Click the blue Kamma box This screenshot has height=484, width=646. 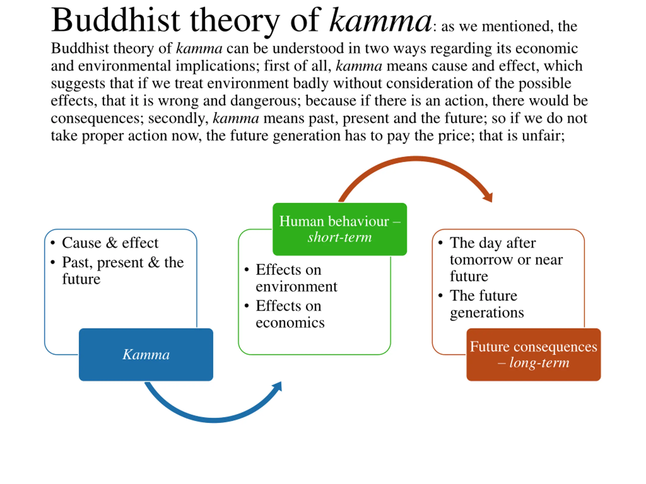pyautogui.click(x=146, y=354)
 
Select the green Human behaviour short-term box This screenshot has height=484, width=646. pyautogui.click(x=339, y=229)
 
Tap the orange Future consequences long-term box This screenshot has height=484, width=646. pyautogui.click(x=533, y=354)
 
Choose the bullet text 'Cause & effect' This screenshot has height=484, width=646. pyautogui.click(x=110, y=243)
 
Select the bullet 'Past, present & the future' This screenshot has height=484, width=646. pyautogui.click(x=123, y=270)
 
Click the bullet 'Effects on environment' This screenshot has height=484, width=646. pyautogui.click(x=296, y=278)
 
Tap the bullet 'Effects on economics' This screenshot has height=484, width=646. pyautogui.click(x=290, y=314)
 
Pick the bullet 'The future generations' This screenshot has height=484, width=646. pyautogui.click(x=487, y=304)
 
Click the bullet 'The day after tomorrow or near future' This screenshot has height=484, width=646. pyautogui.click(x=506, y=259)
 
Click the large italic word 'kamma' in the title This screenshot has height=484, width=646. pyautogui.click(x=380, y=20)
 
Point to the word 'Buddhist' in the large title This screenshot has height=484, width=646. pyautogui.click(x=115, y=20)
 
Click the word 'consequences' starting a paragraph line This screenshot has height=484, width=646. pyautogui.click(x=97, y=118)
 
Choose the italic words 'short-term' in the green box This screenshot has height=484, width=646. pyautogui.click(x=340, y=237)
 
